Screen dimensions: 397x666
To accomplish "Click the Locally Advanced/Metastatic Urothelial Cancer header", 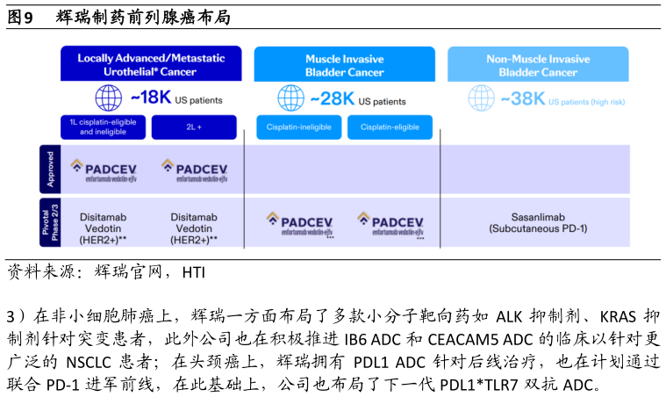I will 151,64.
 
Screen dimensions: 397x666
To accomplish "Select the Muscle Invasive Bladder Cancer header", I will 344,64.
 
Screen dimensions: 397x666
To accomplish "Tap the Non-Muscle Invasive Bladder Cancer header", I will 538,64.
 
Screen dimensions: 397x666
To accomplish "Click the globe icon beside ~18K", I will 108,97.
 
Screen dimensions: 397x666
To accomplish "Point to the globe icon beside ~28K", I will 290,97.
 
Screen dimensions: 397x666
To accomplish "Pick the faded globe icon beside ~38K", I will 481,97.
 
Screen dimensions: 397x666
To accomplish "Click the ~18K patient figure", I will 152,97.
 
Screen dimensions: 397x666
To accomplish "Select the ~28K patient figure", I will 331,98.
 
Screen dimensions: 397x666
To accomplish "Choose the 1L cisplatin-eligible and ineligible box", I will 104,127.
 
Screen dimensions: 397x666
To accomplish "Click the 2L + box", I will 194,127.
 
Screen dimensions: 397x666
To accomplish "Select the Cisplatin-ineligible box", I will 299,127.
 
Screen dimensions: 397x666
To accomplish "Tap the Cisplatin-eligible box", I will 390,127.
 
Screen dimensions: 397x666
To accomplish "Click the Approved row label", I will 50,170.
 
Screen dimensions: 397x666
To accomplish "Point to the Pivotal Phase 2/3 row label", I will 50,221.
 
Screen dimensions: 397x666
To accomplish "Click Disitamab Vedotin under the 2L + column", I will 194,227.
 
